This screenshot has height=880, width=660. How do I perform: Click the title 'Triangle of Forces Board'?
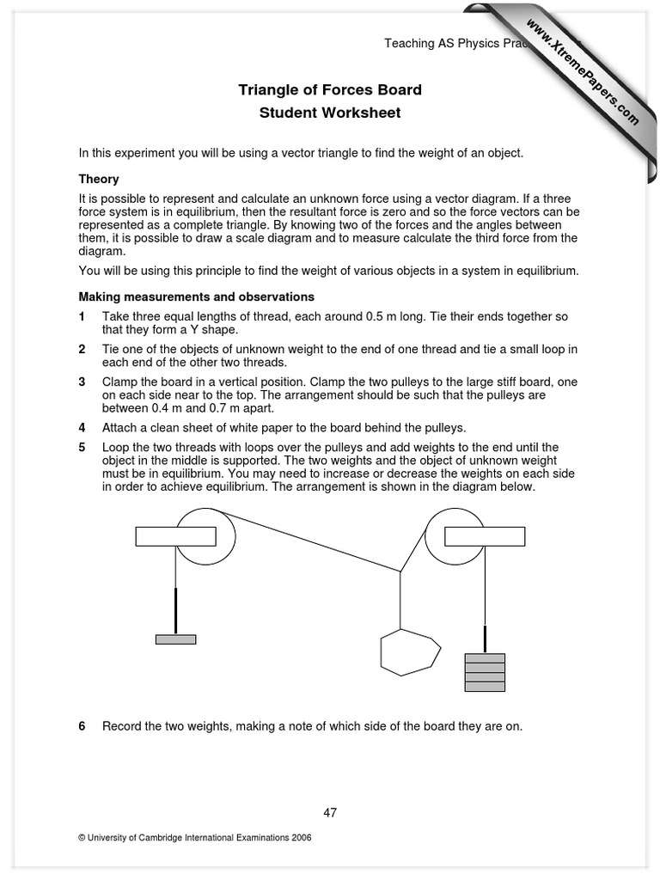click(x=330, y=90)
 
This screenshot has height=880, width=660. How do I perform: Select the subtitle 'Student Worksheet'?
click(x=330, y=113)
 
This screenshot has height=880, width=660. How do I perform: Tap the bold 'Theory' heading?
click(x=99, y=180)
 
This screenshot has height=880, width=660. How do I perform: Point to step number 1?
click(x=82, y=317)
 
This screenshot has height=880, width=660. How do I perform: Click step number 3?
click(x=82, y=382)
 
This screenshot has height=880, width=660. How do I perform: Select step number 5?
click(x=82, y=447)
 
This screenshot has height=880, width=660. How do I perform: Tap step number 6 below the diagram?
click(x=82, y=726)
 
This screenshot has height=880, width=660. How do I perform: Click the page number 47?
click(x=330, y=812)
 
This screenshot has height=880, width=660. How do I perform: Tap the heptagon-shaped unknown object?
click(x=410, y=652)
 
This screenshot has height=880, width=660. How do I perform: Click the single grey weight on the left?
click(x=175, y=639)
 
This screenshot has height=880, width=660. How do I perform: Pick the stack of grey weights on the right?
click(x=485, y=671)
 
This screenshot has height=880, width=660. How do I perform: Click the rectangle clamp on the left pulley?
click(x=175, y=536)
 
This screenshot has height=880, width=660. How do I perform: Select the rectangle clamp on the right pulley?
click(x=485, y=536)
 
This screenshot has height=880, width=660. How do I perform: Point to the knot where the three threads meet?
click(x=400, y=570)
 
